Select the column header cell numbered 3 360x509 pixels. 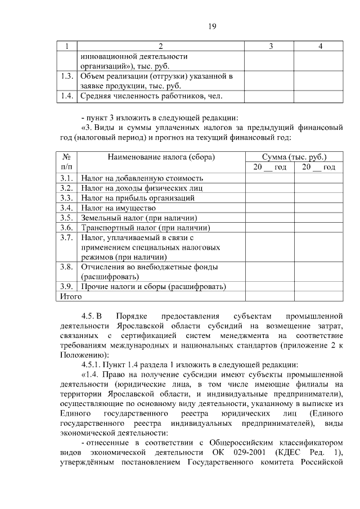point(271,46)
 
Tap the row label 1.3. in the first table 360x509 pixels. point(67,76)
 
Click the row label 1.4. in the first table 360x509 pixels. point(67,96)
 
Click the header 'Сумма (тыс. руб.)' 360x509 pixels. point(294,157)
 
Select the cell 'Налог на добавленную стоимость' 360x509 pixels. point(142,178)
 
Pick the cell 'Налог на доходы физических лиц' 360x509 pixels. point(142,188)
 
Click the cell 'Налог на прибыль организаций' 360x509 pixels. point(138,198)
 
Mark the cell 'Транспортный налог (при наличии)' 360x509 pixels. point(146,228)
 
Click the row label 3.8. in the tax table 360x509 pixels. point(67,267)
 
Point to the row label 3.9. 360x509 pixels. point(67,287)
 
